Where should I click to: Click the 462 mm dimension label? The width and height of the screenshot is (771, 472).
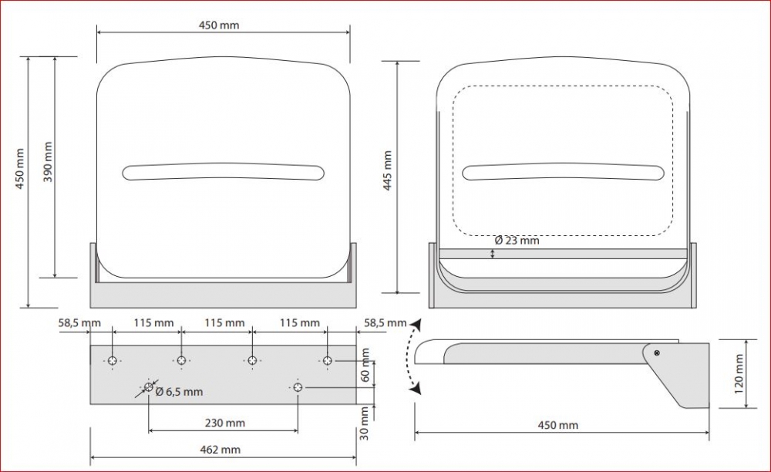221,450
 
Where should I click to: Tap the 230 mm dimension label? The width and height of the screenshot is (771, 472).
224,423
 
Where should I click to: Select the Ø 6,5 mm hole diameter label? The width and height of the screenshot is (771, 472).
179,392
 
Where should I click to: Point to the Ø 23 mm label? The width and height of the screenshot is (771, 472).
517,241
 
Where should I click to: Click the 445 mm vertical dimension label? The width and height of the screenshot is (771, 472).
388,170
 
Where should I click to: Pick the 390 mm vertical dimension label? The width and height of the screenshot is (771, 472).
48,162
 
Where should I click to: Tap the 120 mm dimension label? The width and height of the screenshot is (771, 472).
739,373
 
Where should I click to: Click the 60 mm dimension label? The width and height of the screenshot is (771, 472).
365,365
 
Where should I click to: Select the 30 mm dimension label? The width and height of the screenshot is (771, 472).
365,423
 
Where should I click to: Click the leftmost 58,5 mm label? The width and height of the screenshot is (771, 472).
79,323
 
